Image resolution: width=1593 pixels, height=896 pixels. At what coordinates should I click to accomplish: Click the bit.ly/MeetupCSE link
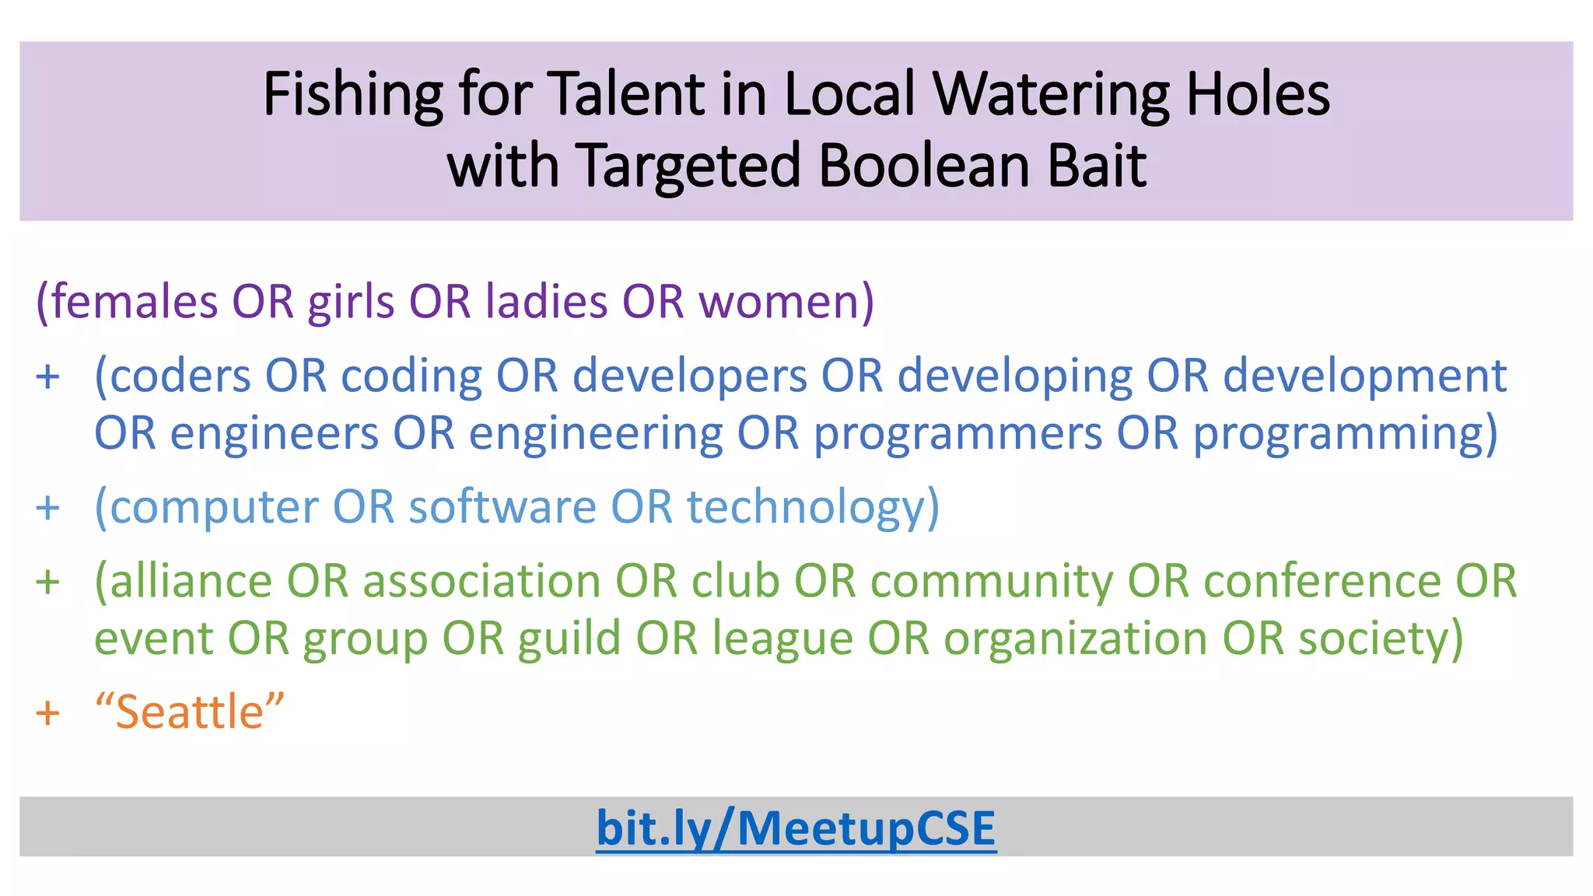(796, 828)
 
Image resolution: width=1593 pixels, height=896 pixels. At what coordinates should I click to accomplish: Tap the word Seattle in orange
(190, 712)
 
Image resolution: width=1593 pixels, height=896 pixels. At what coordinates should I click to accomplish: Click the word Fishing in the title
(352, 94)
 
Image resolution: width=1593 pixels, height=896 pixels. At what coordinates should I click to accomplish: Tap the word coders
(180, 376)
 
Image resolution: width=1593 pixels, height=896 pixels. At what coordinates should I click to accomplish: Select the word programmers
(958, 433)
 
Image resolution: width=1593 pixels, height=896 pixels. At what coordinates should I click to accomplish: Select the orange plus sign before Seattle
(48, 712)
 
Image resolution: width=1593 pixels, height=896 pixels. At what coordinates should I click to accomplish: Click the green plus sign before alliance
(48, 582)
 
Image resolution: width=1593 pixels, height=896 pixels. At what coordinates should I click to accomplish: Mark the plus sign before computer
(48, 508)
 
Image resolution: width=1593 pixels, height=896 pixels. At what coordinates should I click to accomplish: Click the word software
(502, 507)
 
